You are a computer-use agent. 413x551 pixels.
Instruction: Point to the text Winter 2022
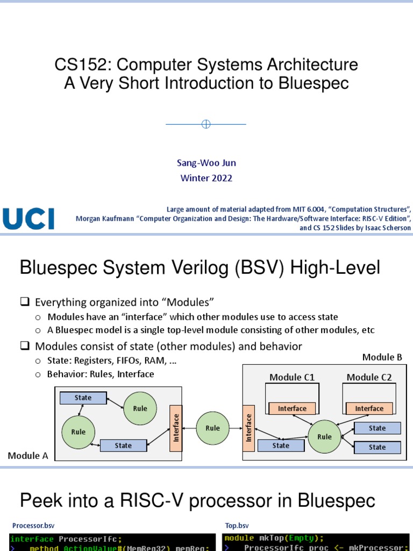point(206,178)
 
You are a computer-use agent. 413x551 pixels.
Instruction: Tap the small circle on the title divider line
point(205,124)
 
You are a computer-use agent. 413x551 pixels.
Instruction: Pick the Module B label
point(382,357)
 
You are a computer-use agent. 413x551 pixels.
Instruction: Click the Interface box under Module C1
point(292,408)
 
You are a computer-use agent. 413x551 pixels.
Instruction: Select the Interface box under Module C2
point(369,408)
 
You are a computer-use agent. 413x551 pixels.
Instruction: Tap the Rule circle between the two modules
point(213,428)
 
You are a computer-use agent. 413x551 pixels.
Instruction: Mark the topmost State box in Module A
point(83,398)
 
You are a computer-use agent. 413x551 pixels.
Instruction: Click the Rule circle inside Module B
point(325,437)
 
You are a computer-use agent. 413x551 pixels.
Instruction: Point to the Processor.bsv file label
point(33,525)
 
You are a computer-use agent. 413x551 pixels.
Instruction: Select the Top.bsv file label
point(237,525)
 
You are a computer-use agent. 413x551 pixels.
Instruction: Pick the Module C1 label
point(292,377)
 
